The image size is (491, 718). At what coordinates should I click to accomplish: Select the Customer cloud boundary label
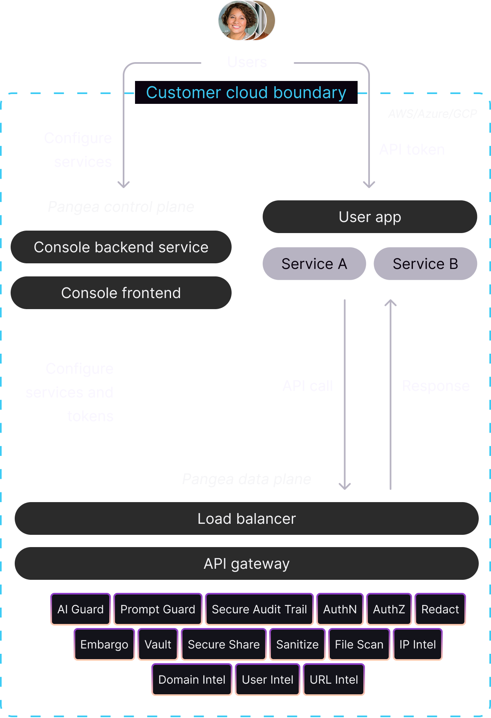tap(246, 93)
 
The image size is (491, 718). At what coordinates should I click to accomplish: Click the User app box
tap(369, 217)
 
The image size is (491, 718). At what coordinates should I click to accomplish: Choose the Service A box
tap(314, 264)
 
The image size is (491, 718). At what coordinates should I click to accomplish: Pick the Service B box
tap(425, 264)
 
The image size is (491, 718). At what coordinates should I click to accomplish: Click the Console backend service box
tap(121, 247)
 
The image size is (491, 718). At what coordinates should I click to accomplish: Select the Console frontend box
tap(121, 293)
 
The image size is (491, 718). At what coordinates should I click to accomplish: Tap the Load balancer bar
tap(246, 518)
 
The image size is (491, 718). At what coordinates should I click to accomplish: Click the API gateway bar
tap(246, 563)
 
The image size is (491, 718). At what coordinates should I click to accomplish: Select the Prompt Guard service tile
tap(158, 609)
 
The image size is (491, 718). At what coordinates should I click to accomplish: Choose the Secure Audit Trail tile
tap(259, 609)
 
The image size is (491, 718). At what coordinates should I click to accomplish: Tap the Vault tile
tap(158, 644)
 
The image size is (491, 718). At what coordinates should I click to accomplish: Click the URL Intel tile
tap(333, 680)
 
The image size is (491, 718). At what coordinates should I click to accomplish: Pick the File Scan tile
tap(359, 644)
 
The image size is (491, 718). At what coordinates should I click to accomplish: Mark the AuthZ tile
tap(389, 609)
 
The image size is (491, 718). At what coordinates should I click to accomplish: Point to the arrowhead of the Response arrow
tap(391, 303)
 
